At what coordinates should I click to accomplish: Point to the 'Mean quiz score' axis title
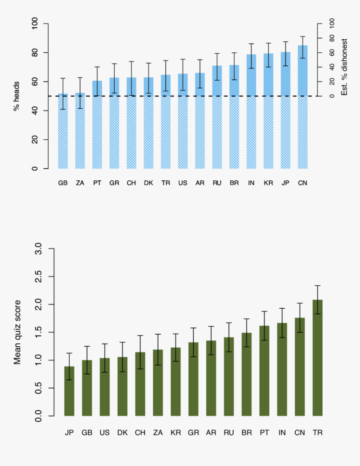point(17,332)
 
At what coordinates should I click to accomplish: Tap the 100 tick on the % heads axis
point(35,23)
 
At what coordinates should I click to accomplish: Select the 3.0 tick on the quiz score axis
point(39,249)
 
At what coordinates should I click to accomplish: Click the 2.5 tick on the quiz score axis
point(39,277)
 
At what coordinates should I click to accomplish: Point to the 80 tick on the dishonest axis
point(332,38)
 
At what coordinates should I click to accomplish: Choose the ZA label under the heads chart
point(80,183)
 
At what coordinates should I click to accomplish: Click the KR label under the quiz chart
point(175,432)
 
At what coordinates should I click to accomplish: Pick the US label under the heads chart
point(183,183)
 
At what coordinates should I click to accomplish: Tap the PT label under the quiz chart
point(265,432)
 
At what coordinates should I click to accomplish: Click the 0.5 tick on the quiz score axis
point(39,388)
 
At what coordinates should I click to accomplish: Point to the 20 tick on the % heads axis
point(35,140)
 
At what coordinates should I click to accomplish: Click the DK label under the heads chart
point(149,183)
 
